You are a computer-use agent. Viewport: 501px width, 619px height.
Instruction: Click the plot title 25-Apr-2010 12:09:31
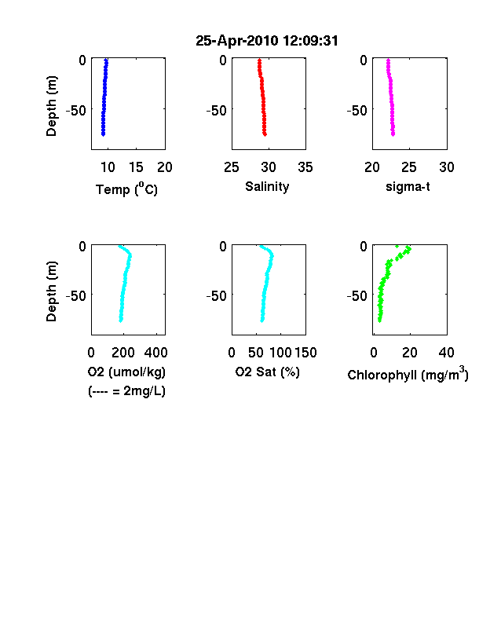(x=267, y=41)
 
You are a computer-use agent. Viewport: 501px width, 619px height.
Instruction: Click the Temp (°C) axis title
(x=126, y=189)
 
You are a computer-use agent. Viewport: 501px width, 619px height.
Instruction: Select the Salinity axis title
(x=267, y=186)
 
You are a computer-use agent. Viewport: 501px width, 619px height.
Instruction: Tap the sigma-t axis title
(x=408, y=186)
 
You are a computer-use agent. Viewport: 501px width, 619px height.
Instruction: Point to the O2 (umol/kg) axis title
(x=126, y=372)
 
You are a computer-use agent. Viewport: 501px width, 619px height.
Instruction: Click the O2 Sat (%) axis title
(x=268, y=372)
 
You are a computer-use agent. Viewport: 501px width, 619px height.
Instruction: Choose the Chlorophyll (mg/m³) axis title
(x=408, y=373)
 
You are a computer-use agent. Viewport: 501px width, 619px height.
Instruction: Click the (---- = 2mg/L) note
(x=126, y=391)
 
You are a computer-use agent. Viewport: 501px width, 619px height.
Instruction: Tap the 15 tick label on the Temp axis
(x=136, y=167)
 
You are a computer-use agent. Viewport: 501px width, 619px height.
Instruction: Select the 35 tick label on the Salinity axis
(x=305, y=167)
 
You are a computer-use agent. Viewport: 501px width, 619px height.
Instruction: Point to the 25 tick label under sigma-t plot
(x=409, y=167)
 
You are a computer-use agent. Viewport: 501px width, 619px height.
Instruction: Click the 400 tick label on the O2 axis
(x=155, y=353)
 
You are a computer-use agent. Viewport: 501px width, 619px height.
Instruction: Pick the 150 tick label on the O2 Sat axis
(x=305, y=353)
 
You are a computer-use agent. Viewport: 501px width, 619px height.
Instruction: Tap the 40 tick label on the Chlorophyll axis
(x=446, y=353)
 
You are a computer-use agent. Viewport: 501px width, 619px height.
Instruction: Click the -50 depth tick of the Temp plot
(x=75, y=111)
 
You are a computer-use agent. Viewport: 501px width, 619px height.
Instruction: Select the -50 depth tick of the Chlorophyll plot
(x=357, y=295)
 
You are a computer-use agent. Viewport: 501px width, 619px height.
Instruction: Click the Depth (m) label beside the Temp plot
(x=51, y=106)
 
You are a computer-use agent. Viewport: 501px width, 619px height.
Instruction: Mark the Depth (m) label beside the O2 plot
(x=51, y=291)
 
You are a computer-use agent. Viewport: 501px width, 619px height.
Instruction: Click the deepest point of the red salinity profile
(x=265, y=134)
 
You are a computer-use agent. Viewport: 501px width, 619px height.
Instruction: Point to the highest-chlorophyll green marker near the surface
(x=408, y=249)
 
